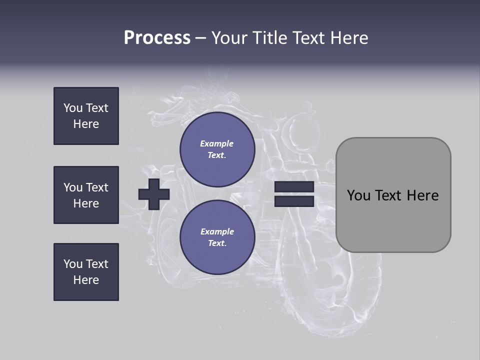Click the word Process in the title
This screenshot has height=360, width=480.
(x=157, y=38)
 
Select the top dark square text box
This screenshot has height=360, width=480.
(x=86, y=116)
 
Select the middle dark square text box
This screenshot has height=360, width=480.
(x=86, y=195)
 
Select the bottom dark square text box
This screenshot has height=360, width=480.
(x=86, y=272)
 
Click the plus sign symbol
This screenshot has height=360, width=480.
(x=154, y=194)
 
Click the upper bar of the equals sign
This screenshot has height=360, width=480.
(x=294, y=187)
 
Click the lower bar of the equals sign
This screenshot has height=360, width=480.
(x=294, y=201)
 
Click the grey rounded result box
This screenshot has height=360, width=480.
(x=393, y=220)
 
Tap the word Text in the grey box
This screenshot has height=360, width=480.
(x=389, y=195)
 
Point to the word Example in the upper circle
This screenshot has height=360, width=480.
(x=216, y=143)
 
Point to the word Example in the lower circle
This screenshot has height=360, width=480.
(x=217, y=231)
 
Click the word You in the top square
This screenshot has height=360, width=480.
(x=73, y=108)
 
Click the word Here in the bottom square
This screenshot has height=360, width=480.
(x=86, y=280)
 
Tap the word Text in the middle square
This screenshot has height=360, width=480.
(x=96, y=187)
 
